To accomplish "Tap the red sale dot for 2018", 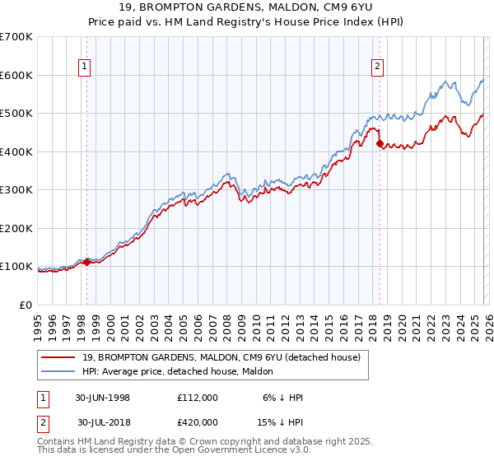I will (x=380, y=144).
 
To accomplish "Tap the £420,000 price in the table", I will (x=197, y=422).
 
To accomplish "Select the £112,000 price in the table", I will (x=197, y=397).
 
